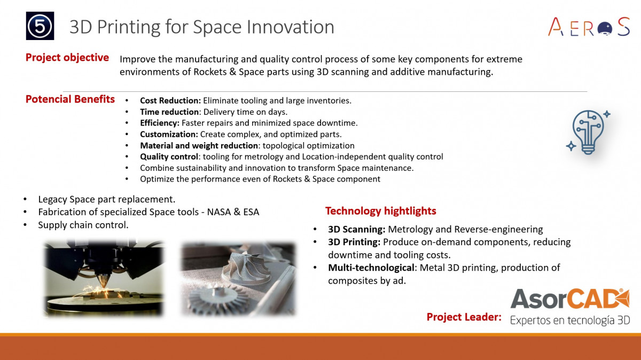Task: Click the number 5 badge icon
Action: (40, 26)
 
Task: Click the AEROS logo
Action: (589, 27)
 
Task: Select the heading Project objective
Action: (67, 58)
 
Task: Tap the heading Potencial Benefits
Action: (70, 99)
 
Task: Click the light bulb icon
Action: (588, 132)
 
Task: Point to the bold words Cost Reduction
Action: (170, 100)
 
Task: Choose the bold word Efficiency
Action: (160, 123)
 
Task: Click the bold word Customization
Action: (169, 134)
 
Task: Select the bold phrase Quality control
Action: (169, 156)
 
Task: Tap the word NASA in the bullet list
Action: (219, 212)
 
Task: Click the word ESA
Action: (251, 212)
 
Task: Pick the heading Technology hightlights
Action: (380, 211)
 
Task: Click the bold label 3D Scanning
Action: (357, 229)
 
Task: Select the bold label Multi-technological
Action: (371, 268)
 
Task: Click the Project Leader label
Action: (464, 317)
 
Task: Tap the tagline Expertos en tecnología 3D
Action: (570, 320)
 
